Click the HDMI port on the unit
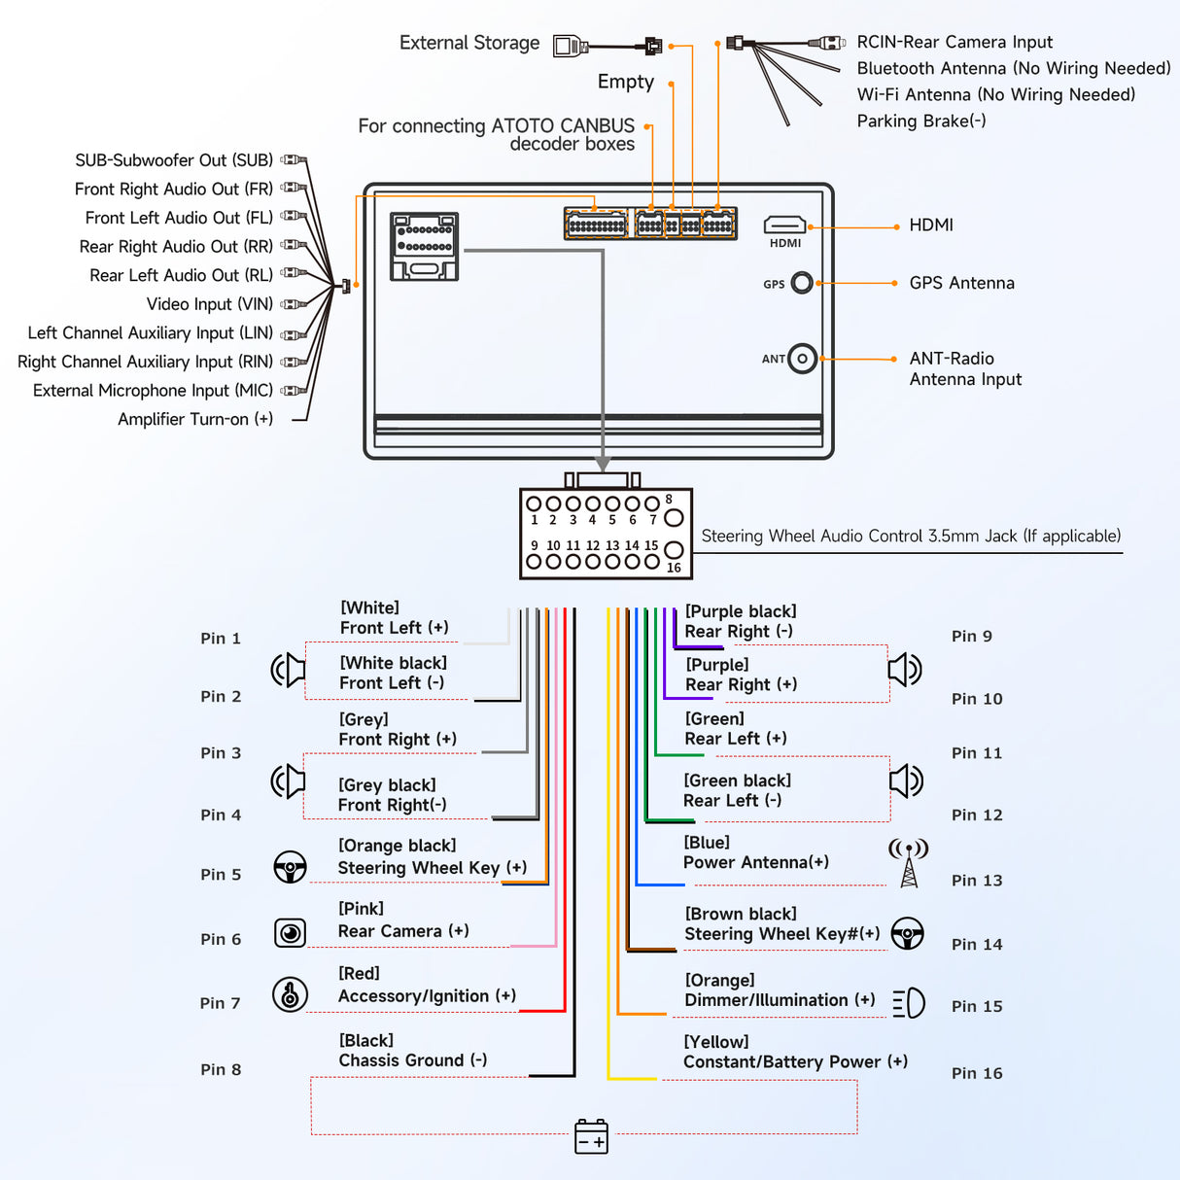coord(784,226)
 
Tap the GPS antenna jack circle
coord(802,283)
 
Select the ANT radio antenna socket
coord(802,359)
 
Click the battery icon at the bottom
coord(591,1136)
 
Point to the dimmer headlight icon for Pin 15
coord(909,1003)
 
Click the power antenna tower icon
coord(909,863)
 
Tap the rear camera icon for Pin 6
coord(290,933)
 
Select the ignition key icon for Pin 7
coord(290,994)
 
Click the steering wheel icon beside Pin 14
coord(908,934)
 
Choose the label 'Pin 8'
coord(221,1069)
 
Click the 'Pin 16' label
coord(977,1073)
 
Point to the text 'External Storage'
coord(469,43)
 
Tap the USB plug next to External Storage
coord(571,45)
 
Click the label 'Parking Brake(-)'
coord(921,121)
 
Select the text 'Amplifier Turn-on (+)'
coord(195,419)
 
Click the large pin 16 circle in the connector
coord(673,551)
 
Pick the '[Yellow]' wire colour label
coord(716,1042)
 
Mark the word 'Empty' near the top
coord(626,82)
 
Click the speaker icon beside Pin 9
coord(905,669)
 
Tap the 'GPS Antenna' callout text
coord(961,283)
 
